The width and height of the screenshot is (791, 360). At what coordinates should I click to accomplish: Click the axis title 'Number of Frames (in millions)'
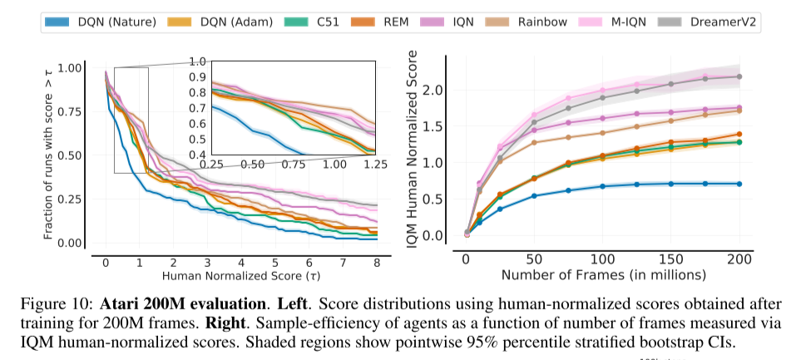[x=603, y=274]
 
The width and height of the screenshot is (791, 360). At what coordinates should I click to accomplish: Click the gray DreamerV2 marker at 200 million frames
[x=739, y=76]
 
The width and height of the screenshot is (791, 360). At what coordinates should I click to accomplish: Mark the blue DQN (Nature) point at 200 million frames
[x=739, y=184]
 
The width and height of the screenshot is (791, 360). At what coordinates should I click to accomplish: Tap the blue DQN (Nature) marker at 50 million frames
[x=534, y=196]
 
